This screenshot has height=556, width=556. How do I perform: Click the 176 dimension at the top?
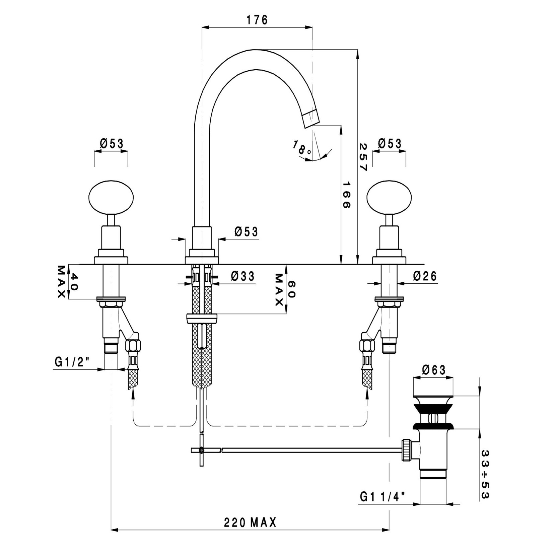pyautogui.click(x=257, y=20)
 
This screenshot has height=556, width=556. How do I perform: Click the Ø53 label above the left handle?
pyautogui.click(x=112, y=144)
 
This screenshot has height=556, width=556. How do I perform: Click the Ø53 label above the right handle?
pyautogui.click(x=390, y=144)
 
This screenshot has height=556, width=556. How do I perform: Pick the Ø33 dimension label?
pyautogui.click(x=243, y=276)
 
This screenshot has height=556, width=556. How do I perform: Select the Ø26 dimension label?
pyautogui.click(x=425, y=276)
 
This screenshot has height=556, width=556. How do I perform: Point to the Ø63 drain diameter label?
pyautogui.click(x=434, y=370)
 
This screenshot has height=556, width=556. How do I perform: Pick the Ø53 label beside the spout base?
pyautogui.click(x=246, y=232)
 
